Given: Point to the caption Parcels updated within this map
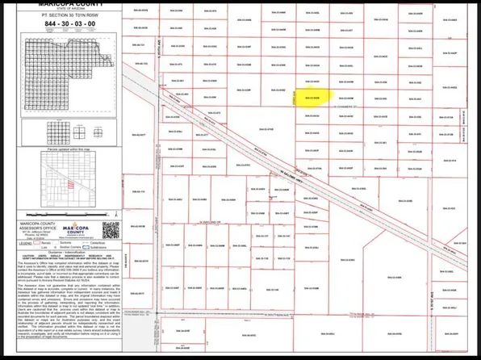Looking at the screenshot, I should click(x=69, y=150).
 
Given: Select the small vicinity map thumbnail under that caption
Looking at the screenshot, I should click(x=69, y=185).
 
